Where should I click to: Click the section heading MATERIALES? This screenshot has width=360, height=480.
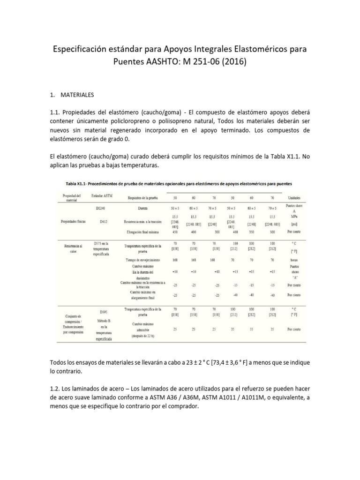click(x=77, y=95)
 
